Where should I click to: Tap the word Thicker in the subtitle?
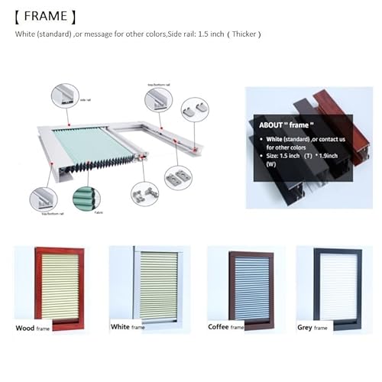point(247,34)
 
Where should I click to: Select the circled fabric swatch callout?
point(86,199)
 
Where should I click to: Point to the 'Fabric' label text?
point(98,214)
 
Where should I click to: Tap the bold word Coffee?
point(220,327)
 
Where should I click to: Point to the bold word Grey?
point(305,328)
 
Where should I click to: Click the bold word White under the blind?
point(121,327)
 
